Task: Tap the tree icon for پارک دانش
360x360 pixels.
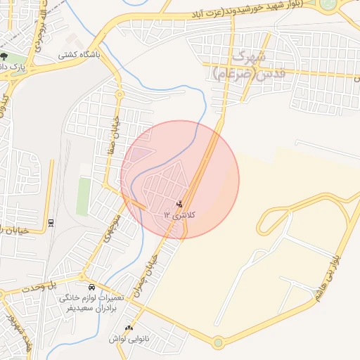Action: pos(4,57)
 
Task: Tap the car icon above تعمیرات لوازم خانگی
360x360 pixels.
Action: pos(92,288)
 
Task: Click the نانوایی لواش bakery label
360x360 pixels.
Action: pos(126,339)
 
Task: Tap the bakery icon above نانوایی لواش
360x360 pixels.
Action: pos(128,328)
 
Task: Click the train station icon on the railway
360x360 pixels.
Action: pos(51,223)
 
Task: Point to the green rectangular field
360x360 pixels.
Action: pos(84,196)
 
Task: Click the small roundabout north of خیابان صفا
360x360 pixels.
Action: pos(120,94)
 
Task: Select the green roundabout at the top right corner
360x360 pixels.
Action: pos(328,4)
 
